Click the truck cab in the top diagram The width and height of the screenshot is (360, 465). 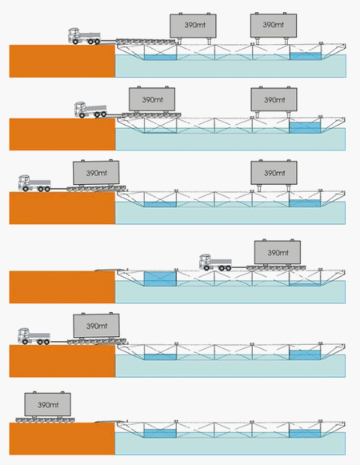pos(74,35)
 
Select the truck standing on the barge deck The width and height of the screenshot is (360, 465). pos(215,263)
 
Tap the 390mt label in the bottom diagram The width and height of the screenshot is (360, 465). pos(48,405)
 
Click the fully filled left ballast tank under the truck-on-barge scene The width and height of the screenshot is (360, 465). pos(160,279)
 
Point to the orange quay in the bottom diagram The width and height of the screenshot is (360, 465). pos(62,439)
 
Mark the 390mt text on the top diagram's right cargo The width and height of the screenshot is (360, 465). pos(273,25)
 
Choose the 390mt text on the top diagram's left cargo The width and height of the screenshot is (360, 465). pos(195,25)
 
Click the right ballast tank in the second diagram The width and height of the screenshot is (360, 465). pos(305,127)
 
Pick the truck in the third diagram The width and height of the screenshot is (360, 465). pos(34,183)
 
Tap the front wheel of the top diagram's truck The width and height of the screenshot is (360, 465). pos(76,42)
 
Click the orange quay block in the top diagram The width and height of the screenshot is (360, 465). pos(62,61)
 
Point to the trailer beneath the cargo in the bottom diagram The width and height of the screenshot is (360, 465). pos(45,419)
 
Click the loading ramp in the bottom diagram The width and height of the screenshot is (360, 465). pos(110,421)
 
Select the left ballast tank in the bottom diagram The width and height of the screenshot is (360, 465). pos(160,433)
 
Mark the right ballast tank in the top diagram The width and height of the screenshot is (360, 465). pos(306,56)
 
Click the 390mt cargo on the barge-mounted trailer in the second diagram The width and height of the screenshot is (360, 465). pos(152,99)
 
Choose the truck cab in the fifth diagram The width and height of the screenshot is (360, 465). pos(24,336)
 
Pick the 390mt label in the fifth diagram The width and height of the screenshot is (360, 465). pos(97,327)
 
